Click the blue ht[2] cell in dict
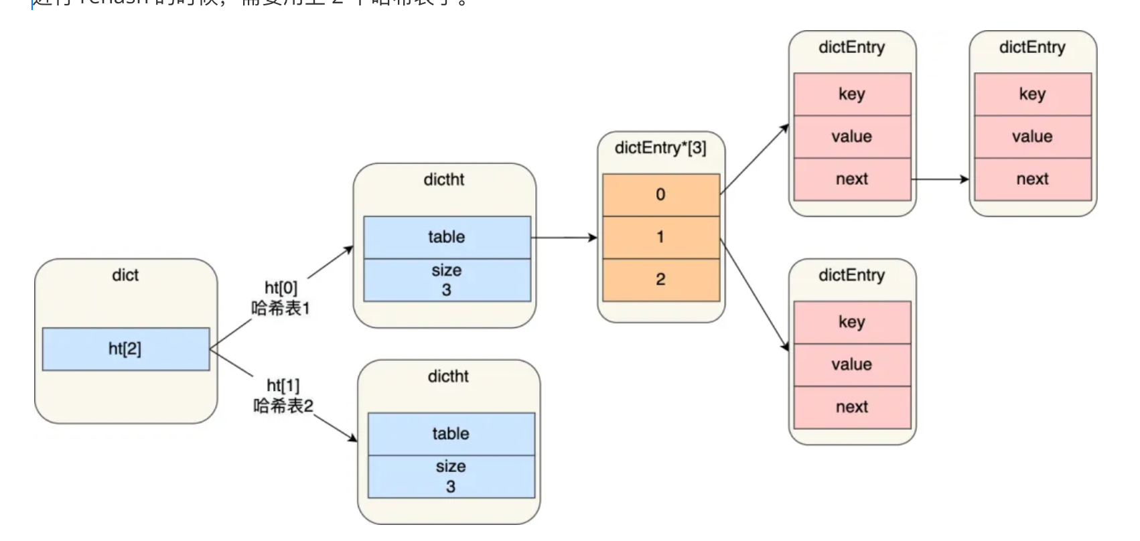tap(125, 349)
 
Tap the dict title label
tap(125, 275)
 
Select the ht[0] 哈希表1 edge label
tap(281, 298)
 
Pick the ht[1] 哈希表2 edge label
tap(283, 396)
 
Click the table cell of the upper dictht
tap(447, 237)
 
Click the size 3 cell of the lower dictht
tap(451, 477)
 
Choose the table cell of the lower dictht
tap(451, 434)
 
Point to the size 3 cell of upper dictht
tap(447, 280)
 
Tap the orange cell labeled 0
tap(660, 195)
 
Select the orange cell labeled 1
tap(660, 237)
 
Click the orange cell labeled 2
tap(660, 280)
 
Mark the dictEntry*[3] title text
tap(660, 148)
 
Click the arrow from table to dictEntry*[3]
tap(564, 238)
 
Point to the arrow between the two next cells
tap(940, 179)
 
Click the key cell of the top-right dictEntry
tap(1032, 94)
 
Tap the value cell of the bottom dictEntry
tap(852, 365)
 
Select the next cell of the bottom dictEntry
tap(852, 407)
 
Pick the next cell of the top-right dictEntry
tap(1032, 179)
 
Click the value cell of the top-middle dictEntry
tap(852, 137)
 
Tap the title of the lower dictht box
tap(448, 376)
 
